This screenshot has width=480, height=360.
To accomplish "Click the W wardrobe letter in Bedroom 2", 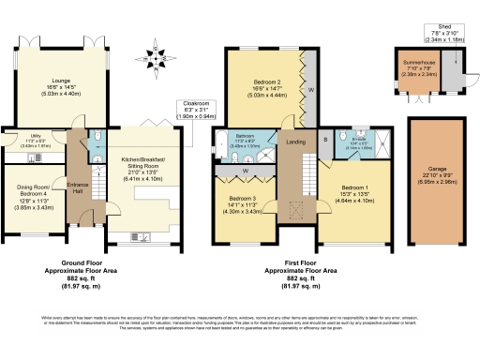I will [x=310, y=90].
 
